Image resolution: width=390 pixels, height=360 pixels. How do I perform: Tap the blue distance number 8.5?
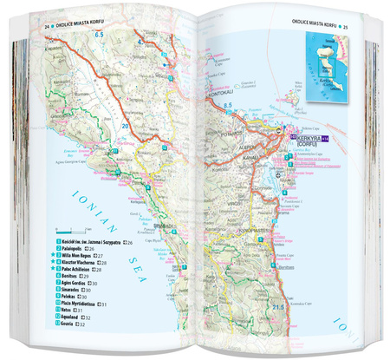(228, 105)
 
